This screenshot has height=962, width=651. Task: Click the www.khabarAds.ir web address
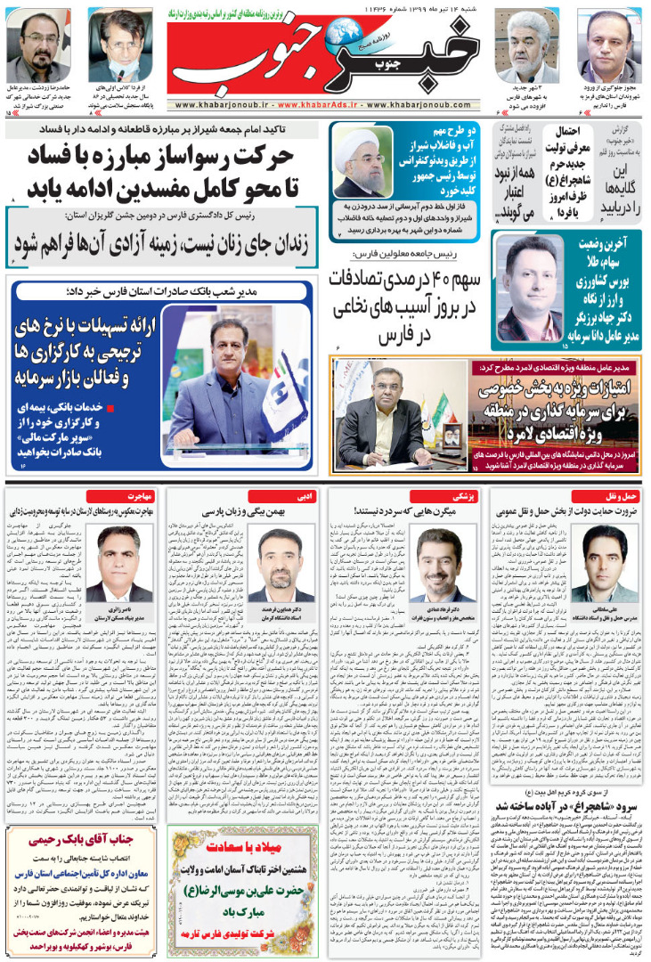[x=325, y=103]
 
